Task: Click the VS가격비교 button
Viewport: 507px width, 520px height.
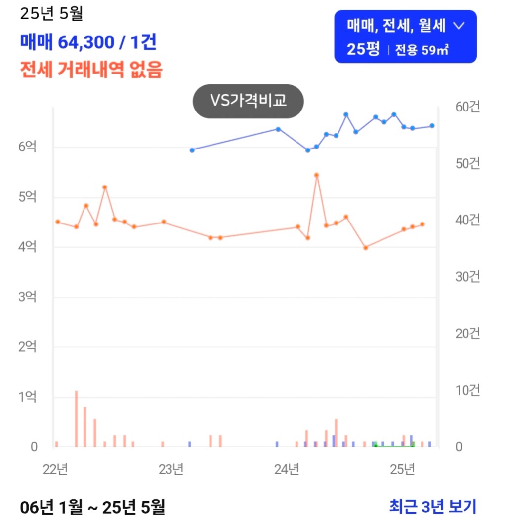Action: [248, 101]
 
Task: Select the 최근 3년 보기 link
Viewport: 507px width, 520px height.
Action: [432, 506]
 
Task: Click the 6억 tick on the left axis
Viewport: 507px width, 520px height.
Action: [27, 147]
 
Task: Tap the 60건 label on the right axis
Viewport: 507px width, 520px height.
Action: [467, 107]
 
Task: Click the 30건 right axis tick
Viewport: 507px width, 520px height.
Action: [467, 277]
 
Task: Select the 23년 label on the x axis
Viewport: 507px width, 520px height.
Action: [171, 469]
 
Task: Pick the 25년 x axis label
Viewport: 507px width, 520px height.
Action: [402, 469]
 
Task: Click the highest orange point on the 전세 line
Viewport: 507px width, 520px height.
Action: [316, 175]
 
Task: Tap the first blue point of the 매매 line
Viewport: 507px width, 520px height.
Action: [192, 150]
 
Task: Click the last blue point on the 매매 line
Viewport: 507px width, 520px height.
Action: [432, 126]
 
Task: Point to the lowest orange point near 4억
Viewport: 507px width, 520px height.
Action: [366, 248]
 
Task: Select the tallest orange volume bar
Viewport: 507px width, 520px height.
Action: [76, 418]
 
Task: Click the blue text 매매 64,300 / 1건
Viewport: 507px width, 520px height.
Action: [88, 42]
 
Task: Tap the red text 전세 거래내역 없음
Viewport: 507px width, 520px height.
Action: [91, 70]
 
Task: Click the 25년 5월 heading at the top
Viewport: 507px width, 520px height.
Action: [51, 14]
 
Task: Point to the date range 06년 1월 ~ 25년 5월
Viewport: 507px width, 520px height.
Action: [92, 506]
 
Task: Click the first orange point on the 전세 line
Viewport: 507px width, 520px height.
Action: [57, 222]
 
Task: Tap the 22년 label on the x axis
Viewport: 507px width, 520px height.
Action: [55, 469]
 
